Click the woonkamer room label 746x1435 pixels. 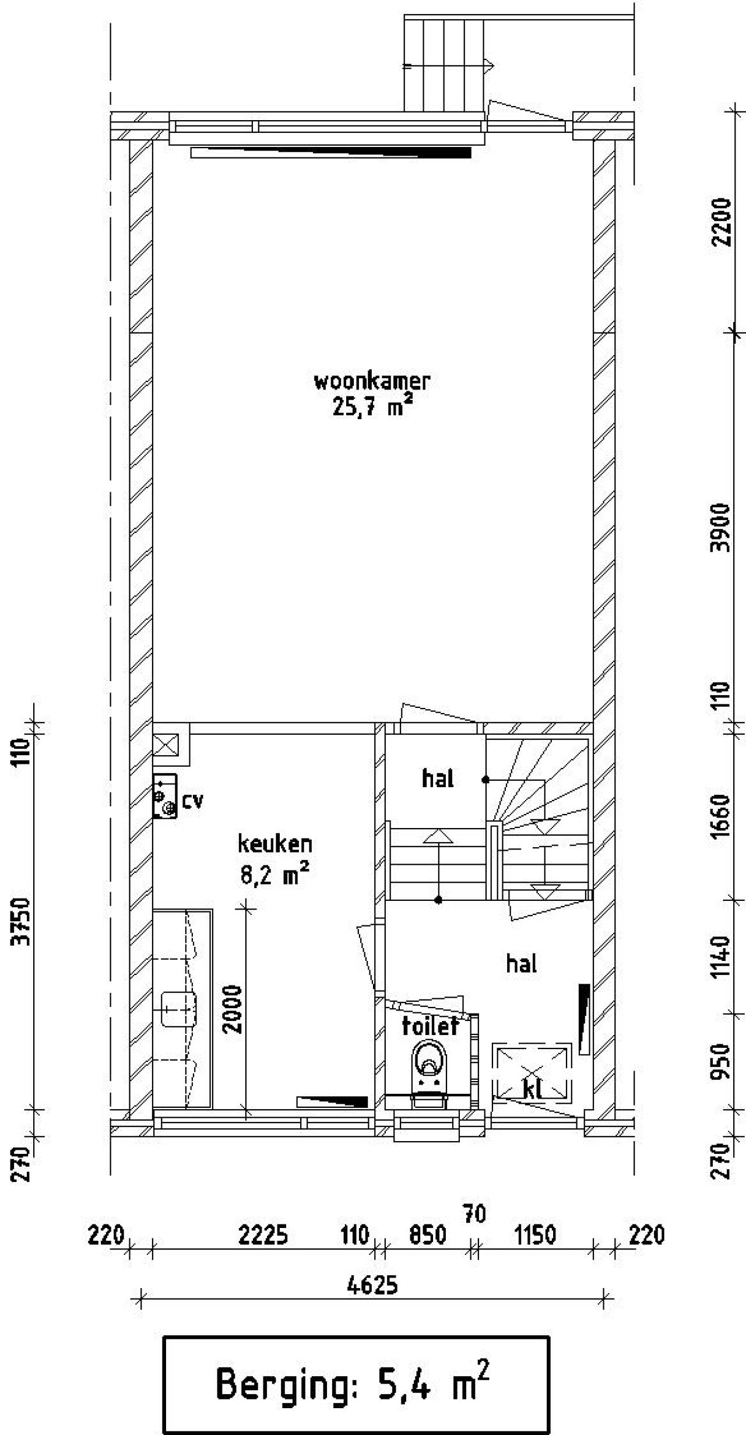coord(372,381)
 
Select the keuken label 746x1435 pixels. coord(275,844)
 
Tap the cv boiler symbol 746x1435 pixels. coord(164,796)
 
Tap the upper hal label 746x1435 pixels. coord(438,778)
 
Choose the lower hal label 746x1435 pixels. coord(521,964)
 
